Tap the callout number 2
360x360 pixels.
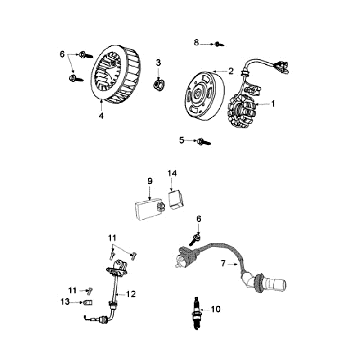pos(231,72)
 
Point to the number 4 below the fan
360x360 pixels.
pos(100,116)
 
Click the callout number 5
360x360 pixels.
pos(181,140)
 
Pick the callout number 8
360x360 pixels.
pos(197,42)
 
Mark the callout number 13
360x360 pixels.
pos(65,301)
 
